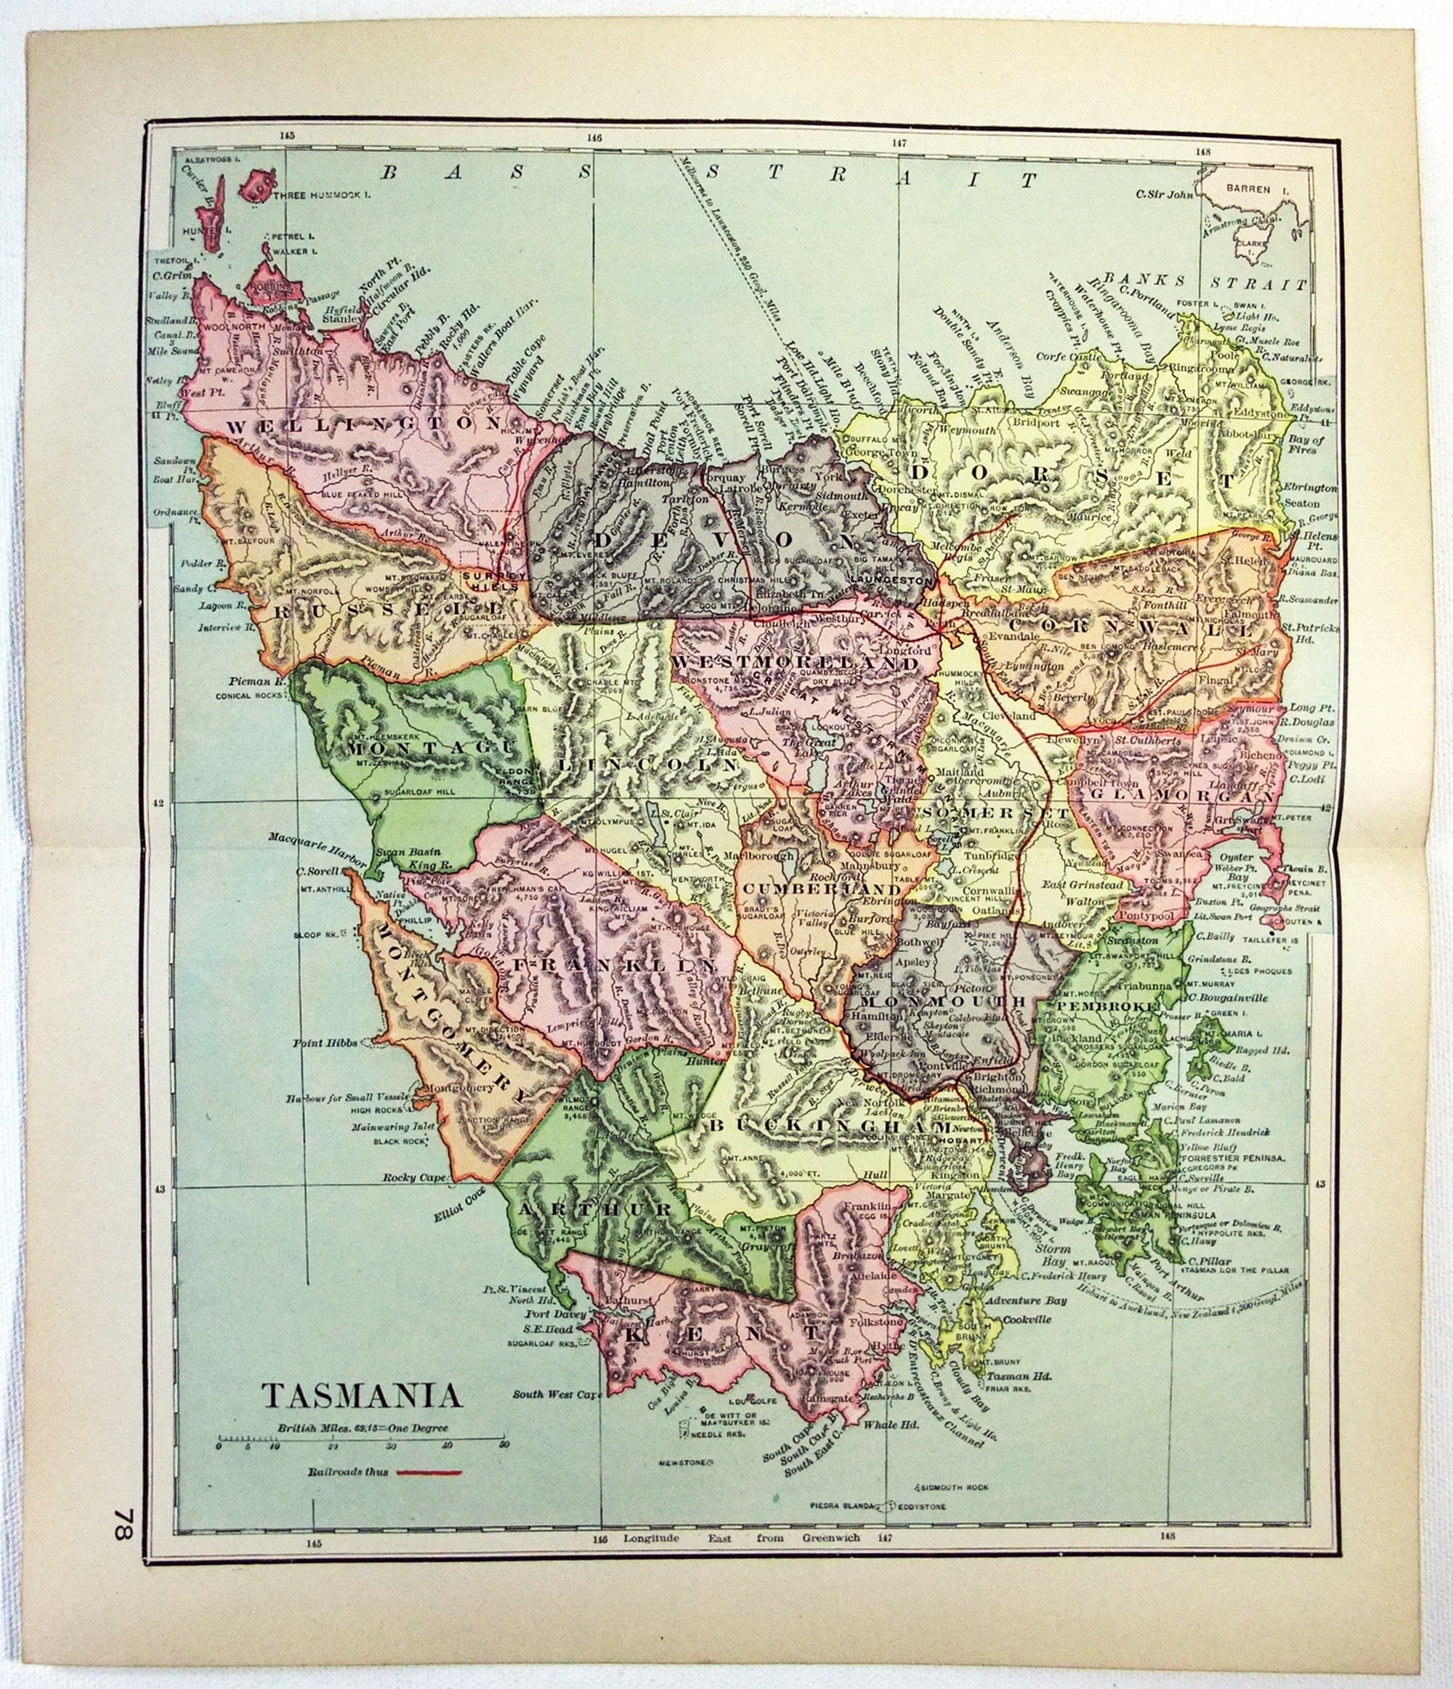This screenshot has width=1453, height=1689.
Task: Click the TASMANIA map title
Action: coord(361,1395)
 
